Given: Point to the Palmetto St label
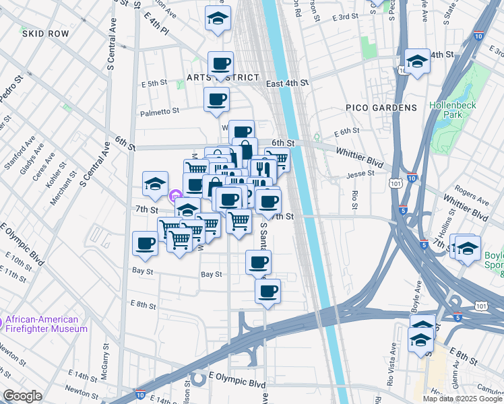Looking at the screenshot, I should pyautogui.click(x=160, y=111).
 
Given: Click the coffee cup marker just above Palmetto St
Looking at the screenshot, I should pyautogui.click(x=217, y=100).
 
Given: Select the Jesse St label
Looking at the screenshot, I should pyautogui.click(x=360, y=174).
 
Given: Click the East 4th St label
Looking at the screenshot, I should pyautogui.click(x=286, y=83).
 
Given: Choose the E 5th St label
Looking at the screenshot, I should pyautogui.click(x=154, y=83).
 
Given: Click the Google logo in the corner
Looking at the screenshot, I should pyautogui.click(x=22, y=396).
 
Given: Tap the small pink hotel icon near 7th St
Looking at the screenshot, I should pyautogui.click(x=175, y=197).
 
